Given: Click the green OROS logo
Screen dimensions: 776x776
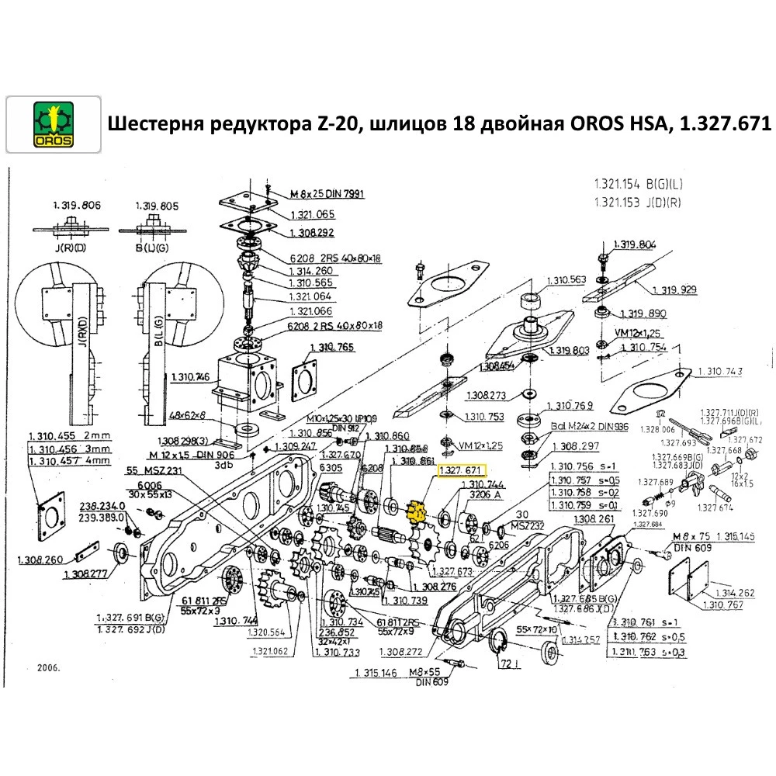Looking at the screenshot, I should coord(53,123).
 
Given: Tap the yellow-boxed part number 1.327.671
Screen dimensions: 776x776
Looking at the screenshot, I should coord(461,471).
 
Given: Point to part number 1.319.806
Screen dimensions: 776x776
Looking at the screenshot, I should coord(77,206).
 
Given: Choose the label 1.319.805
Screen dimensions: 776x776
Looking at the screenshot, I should coord(157,206).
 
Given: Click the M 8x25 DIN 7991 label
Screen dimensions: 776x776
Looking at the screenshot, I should coord(327,193).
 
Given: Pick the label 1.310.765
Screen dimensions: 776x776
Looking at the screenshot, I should coord(332,347).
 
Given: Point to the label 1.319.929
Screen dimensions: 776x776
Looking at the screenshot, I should coord(674,289).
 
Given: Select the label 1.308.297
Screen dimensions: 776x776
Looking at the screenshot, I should coord(574,446).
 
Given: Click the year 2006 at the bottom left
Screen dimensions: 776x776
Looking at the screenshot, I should coord(48,667).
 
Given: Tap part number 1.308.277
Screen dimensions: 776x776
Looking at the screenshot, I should coord(88,574).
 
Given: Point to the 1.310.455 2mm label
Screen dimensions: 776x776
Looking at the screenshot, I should coord(70,435).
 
